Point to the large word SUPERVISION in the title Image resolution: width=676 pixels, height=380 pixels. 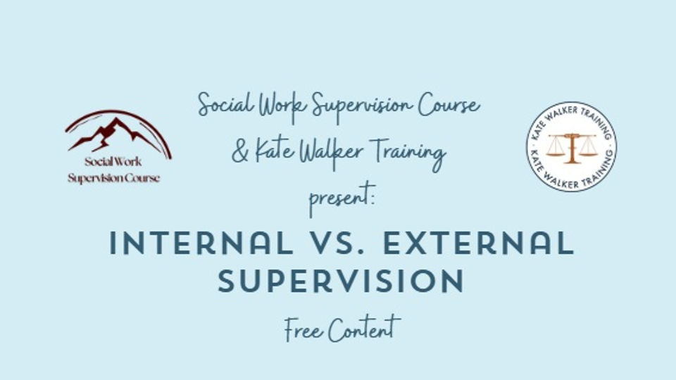(341, 281)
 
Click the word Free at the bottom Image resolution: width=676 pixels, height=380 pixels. (304, 329)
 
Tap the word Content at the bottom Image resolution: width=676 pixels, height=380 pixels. (365, 329)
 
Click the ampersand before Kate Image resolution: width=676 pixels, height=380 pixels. (241, 152)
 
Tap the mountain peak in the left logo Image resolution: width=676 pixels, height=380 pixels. (113, 127)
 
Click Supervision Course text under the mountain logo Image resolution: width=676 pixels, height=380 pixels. (113, 178)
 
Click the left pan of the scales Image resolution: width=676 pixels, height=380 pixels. (556, 149)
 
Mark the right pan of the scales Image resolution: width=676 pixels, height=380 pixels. (587, 149)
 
